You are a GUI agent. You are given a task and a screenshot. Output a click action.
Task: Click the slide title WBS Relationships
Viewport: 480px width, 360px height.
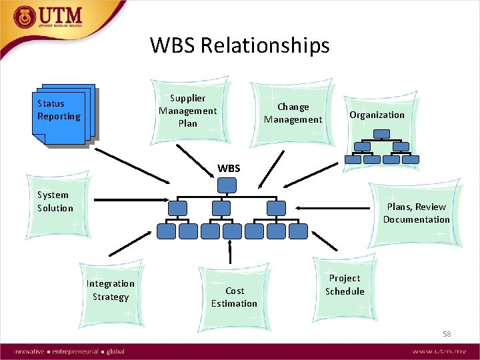pyautogui.click(x=239, y=45)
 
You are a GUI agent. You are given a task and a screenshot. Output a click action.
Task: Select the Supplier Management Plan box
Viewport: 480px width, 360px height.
pyautogui.click(x=187, y=110)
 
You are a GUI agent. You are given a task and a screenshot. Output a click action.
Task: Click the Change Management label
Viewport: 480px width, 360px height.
pyautogui.click(x=293, y=113)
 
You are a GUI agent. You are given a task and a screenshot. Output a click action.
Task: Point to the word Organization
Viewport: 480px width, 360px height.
pyautogui.click(x=377, y=115)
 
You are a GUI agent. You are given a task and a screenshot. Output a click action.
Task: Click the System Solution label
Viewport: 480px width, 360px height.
pyautogui.click(x=55, y=201)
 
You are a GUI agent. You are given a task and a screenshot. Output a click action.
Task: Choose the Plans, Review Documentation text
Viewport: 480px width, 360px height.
pyautogui.click(x=416, y=213)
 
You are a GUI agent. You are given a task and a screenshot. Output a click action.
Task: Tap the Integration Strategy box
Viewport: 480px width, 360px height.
pyautogui.click(x=110, y=290)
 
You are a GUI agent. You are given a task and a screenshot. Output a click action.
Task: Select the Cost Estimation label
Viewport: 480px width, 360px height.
pyautogui.click(x=234, y=297)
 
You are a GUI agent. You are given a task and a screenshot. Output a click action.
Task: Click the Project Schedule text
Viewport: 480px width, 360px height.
pyautogui.click(x=345, y=285)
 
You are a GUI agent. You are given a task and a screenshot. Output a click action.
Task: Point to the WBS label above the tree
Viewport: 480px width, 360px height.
pyautogui.click(x=229, y=169)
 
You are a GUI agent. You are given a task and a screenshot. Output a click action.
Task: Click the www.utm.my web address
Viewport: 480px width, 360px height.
pyautogui.click(x=439, y=351)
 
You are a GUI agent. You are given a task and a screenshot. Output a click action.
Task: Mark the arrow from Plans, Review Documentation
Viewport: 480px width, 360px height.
pyautogui.click(x=333, y=206)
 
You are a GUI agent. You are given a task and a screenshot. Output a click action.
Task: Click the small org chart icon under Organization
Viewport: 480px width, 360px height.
pyautogui.click(x=382, y=147)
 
